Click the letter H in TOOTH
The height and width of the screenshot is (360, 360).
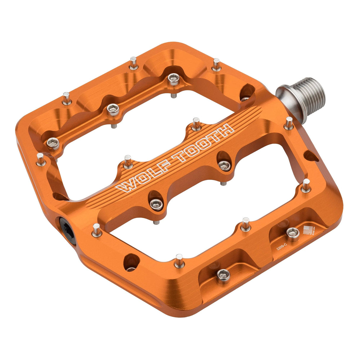click(225, 130)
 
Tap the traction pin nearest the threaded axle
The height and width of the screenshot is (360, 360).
click(289, 123)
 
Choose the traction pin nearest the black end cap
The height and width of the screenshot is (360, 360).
click(96, 230)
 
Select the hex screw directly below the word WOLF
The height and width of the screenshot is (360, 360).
click(156, 204)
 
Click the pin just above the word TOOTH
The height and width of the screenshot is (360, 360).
click(196, 124)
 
